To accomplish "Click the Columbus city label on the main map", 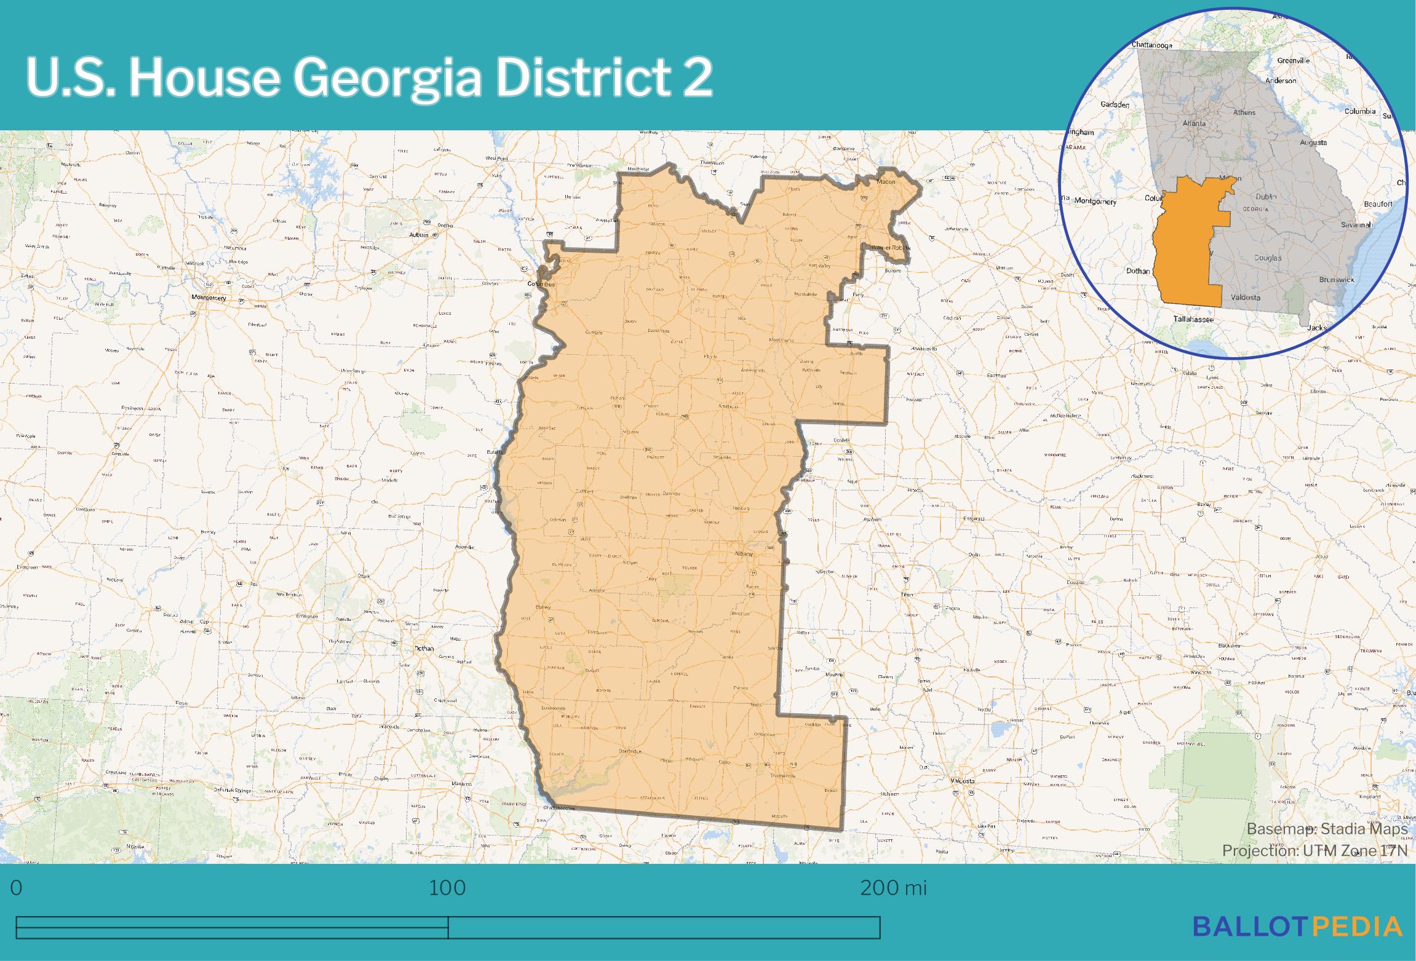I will click(541, 285).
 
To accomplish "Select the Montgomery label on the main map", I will click(209, 298).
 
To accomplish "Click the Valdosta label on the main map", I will click(963, 781).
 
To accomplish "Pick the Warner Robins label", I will click(890, 248).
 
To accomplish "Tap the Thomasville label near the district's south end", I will click(783, 775).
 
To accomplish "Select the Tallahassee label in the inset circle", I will click(1193, 319).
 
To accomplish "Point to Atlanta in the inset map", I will click(1194, 123).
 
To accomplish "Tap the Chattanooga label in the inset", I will click(1152, 45).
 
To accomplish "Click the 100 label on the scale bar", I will click(447, 888).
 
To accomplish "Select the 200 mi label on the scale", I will click(893, 888).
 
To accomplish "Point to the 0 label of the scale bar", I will click(17, 888).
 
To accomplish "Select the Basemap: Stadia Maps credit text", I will click(1327, 829).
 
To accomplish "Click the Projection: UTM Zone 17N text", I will click(1315, 850).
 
